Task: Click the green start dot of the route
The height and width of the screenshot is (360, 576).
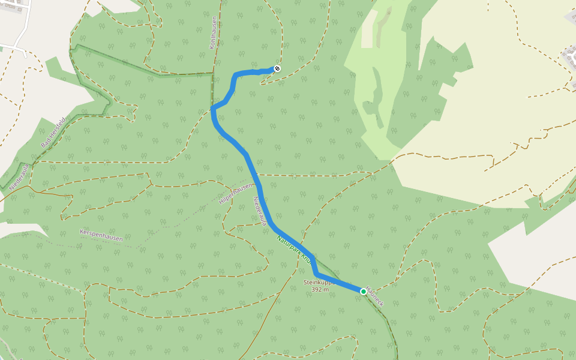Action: click(364, 292)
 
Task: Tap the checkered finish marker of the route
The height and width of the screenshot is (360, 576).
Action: click(277, 68)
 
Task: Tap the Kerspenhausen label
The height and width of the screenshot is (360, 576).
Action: click(101, 235)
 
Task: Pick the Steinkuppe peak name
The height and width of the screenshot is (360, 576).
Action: click(317, 281)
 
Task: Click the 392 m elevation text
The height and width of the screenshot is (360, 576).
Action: click(320, 289)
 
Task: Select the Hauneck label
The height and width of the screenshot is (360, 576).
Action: click(375, 295)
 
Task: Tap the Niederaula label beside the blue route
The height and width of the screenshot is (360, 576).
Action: click(260, 211)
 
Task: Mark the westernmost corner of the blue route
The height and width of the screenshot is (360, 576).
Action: click(213, 109)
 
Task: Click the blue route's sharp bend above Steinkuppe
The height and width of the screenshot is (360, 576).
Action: click(316, 274)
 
